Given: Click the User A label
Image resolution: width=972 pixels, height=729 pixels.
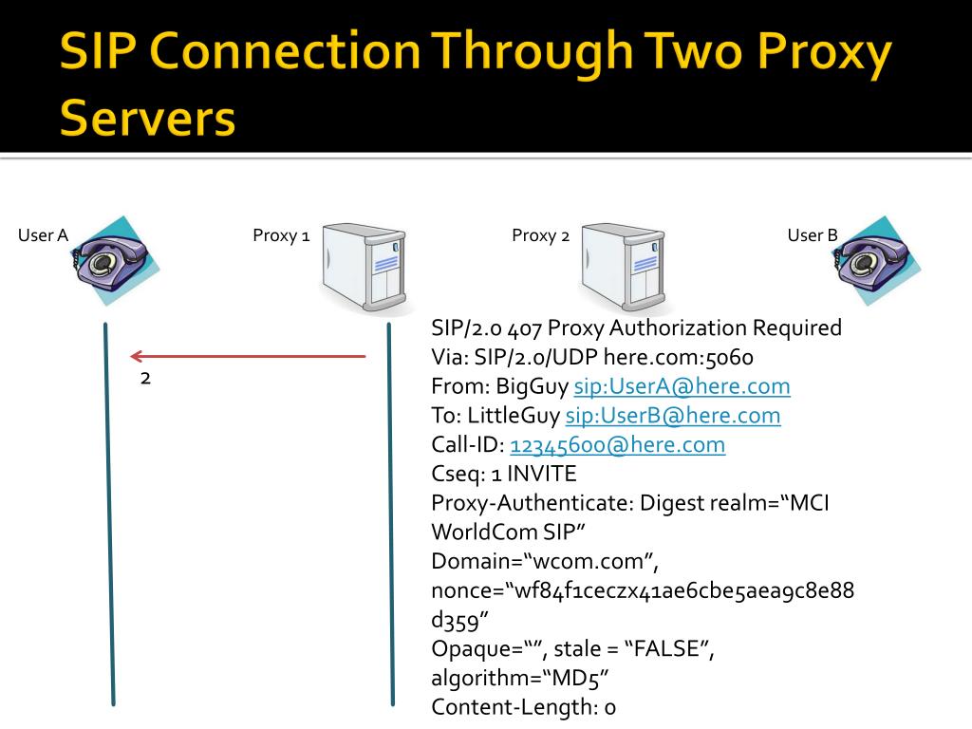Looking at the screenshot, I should [43, 236].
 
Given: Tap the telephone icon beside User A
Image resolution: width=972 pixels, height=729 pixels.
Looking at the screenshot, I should [114, 260].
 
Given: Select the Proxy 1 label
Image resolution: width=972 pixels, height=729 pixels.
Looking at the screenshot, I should [281, 236].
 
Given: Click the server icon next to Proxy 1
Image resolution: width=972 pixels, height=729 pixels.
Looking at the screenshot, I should [364, 269].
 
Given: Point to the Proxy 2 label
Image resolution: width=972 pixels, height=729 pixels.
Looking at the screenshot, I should [540, 235].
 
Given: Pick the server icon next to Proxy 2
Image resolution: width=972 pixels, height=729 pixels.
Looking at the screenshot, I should [624, 269].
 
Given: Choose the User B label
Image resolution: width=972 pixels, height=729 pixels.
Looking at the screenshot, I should [813, 235].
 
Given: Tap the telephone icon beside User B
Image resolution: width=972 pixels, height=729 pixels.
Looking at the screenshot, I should [875, 260].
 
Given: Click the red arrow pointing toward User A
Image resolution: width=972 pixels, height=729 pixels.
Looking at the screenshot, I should [247, 357].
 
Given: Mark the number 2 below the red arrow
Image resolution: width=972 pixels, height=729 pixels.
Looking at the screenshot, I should [145, 379].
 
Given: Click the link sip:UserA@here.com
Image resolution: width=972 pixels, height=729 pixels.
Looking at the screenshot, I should [682, 386].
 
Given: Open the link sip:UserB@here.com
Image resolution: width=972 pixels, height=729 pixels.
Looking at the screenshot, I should [673, 416].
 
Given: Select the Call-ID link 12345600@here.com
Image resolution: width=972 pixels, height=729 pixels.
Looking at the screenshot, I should [617, 445].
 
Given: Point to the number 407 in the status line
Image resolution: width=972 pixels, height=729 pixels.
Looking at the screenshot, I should [525, 328].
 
